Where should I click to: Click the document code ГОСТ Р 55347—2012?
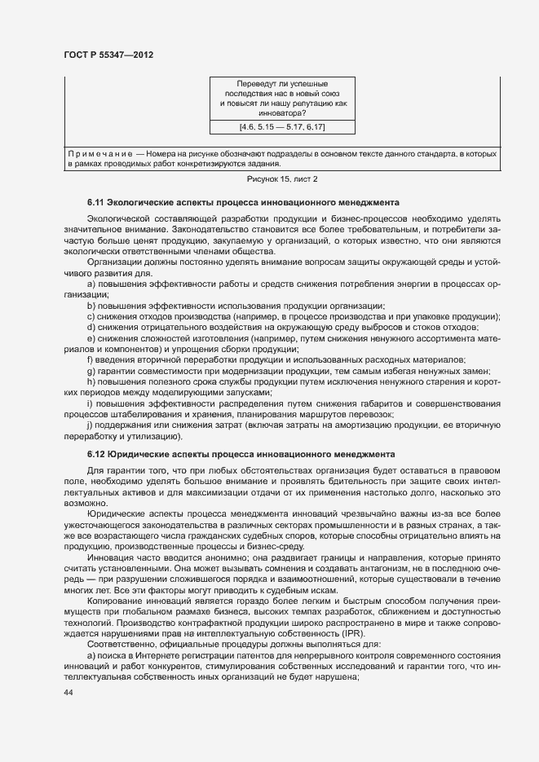pos(108,55)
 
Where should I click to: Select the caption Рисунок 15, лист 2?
pos(281,178)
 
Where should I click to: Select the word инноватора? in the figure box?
pos(282,113)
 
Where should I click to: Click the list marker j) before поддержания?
pos(90,425)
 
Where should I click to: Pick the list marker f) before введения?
pos(90,359)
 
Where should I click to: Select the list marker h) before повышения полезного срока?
pos(91,381)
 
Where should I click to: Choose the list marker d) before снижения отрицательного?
pos(91,327)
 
